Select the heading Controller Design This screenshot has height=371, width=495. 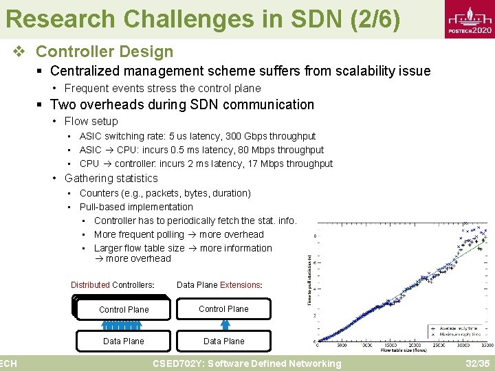(104, 52)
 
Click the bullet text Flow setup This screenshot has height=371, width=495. (91, 121)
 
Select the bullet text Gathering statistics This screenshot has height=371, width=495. (111, 178)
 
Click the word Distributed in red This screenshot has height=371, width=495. (90, 285)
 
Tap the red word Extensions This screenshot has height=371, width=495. (240, 285)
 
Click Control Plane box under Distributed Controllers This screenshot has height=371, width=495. (124, 309)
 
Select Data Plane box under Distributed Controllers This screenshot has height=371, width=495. (124, 341)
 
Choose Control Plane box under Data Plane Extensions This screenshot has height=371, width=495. (224, 308)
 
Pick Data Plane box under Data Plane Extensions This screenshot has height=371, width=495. (224, 341)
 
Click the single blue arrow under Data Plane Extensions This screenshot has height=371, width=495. (224, 325)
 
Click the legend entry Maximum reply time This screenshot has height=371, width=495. (459, 334)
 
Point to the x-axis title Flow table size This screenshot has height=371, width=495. (403, 350)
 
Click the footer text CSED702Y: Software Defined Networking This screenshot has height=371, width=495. (247, 363)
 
